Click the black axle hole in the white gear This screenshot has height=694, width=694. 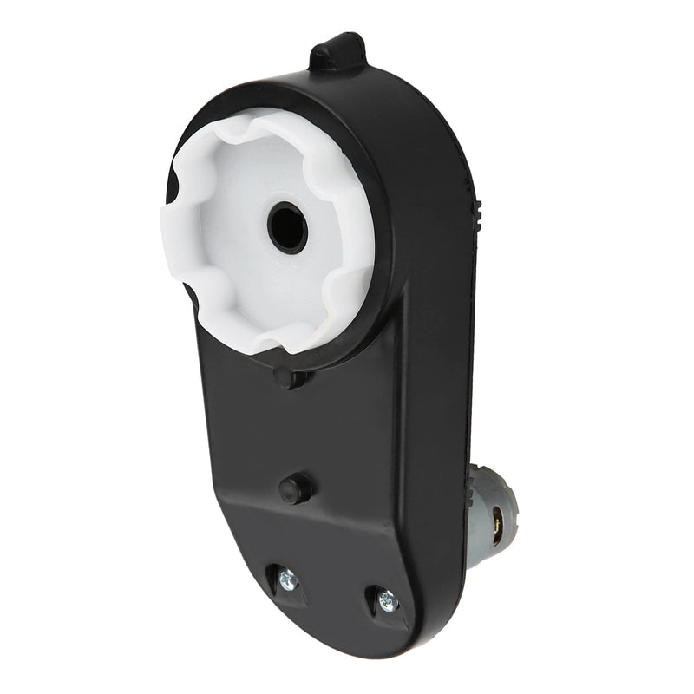click(287, 228)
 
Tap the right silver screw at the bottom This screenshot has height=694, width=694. click(387, 600)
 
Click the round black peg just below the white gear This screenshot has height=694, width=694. click(285, 377)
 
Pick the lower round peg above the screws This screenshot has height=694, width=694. click(295, 488)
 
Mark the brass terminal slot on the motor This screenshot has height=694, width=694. click(498, 524)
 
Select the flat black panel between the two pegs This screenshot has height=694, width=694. click(286, 434)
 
